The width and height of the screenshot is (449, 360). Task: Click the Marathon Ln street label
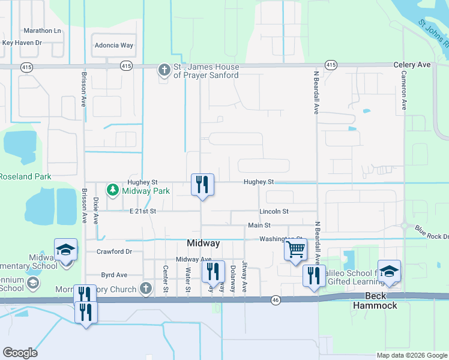[x=42, y=31]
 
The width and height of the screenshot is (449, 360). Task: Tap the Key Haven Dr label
[x=22, y=43]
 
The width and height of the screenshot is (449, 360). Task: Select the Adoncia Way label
[x=113, y=45]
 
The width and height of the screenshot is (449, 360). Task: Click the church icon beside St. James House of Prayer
[x=164, y=70]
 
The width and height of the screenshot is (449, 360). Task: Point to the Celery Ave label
[x=412, y=64]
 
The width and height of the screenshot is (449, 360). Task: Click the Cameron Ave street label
[x=404, y=90]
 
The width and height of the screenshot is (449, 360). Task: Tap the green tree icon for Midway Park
[x=112, y=191]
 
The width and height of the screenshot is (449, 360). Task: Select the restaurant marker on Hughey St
[x=202, y=184]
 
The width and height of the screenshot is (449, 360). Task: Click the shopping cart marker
[x=295, y=249]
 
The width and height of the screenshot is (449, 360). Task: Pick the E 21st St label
[x=142, y=211]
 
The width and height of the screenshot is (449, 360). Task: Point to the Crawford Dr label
[x=114, y=251]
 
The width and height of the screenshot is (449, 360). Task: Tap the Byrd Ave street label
[x=114, y=275]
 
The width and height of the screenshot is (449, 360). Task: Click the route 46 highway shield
[x=276, y=299]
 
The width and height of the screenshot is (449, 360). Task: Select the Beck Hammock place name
[x=381, y=301]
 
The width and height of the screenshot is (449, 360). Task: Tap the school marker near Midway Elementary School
[x=66, y=250]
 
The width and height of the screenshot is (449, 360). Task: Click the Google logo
[x=20, y=353]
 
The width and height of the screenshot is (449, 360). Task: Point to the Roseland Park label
[x=24, y=176]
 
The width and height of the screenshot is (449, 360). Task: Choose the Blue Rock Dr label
[x=431, y=236]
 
